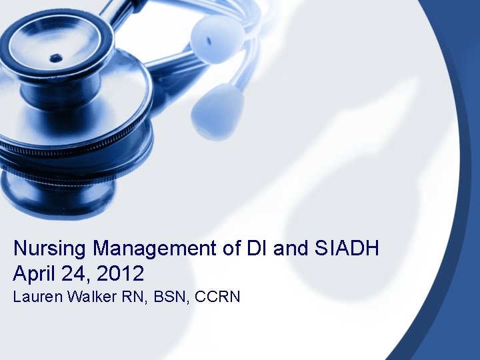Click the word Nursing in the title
50,249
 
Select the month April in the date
33,273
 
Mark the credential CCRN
217,297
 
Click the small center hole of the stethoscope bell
55,58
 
